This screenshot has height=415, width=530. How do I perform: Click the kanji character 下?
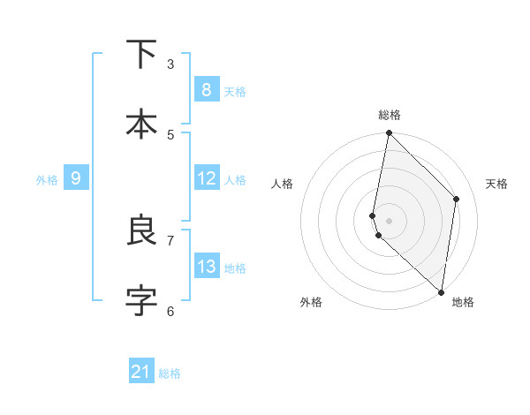(141, 54)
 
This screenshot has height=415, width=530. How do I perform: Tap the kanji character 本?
(141, 124)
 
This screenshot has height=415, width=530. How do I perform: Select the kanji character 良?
(141, 230)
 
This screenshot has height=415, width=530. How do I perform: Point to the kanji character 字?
(141, 301)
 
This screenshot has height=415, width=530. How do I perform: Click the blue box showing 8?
(206, 89)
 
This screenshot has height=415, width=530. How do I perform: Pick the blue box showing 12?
(206, 178)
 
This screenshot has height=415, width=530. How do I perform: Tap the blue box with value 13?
(206, 267)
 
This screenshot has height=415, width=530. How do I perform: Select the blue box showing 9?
(76, 178)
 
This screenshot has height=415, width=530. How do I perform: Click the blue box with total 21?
(141, 372)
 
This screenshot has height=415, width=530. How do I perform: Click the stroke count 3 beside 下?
(170, 64)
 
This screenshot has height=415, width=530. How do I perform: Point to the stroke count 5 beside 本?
(170, 134)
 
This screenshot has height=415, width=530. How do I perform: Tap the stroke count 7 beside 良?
(170, 240)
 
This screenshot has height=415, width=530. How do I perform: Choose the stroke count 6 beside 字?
(170, 311)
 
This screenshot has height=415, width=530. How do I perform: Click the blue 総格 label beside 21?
(170, 373)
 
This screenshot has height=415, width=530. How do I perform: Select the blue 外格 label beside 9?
(47, 180)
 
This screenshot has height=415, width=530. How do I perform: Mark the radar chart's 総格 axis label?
(390, 115)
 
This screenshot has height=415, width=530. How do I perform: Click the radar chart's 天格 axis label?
(496, 184)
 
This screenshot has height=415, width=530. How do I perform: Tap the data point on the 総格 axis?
(389, 133)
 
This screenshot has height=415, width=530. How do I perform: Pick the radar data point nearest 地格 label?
(441, 291)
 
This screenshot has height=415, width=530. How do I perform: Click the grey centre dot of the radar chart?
(389, 220)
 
